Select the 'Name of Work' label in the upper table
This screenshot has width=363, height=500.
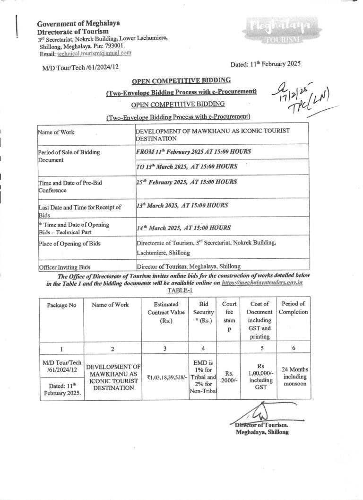(x=56, y=132)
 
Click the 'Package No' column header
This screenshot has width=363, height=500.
(x=61, y=305)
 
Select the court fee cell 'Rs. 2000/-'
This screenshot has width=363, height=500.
(x=229, y=377)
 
